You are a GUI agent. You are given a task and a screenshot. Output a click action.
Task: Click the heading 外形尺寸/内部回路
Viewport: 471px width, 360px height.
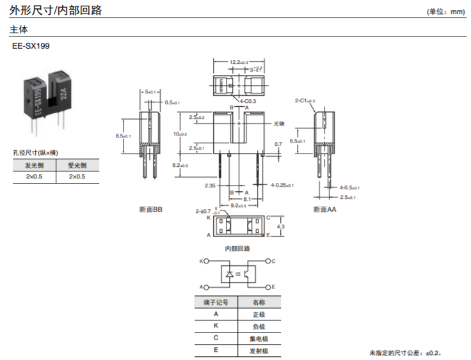pos(55,10)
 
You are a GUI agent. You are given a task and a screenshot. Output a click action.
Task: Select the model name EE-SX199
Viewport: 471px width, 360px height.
pos(31,46)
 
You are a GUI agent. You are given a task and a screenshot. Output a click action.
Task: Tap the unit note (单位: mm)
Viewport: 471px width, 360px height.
pos(445,12)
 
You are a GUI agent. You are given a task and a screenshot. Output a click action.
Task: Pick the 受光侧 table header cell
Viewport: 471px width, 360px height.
pos(77,165)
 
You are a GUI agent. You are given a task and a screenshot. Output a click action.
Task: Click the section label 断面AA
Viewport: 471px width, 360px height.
pos(324,209)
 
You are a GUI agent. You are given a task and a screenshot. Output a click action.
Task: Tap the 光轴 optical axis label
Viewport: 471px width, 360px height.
pos(279,123)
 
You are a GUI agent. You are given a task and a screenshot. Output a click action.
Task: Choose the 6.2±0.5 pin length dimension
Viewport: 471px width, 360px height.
pos(180,165)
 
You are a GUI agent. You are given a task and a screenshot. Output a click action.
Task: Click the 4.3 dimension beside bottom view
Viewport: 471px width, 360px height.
pos(280,226)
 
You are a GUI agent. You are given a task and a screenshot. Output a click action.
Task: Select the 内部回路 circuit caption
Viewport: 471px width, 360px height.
pos(237,248)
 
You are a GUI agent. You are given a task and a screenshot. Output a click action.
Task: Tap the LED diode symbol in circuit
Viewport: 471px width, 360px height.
pos(230,274)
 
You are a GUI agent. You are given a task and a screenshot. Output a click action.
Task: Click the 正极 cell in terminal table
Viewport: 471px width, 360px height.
pos(259,314)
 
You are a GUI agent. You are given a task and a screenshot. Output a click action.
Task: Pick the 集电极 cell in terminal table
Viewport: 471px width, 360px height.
pos(259,338)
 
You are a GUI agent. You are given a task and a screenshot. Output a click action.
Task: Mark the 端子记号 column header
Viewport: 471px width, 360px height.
pos(216,302)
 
